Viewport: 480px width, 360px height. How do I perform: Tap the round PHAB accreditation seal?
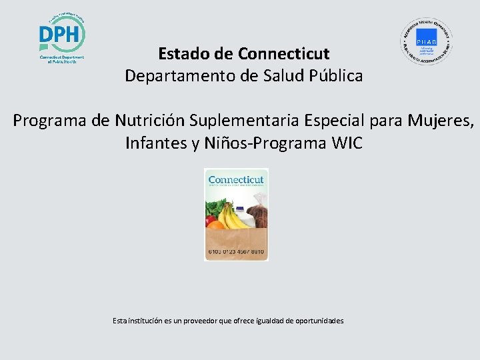click(426, 41)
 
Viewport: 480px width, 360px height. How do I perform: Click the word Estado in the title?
click(179, 53)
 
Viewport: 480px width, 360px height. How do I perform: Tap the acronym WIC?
click(346, 143)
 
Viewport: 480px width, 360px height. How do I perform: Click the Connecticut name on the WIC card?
click(236, 179)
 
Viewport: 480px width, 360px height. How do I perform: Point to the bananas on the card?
click(229, 216)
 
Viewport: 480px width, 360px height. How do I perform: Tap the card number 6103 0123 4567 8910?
click(236, 252)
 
